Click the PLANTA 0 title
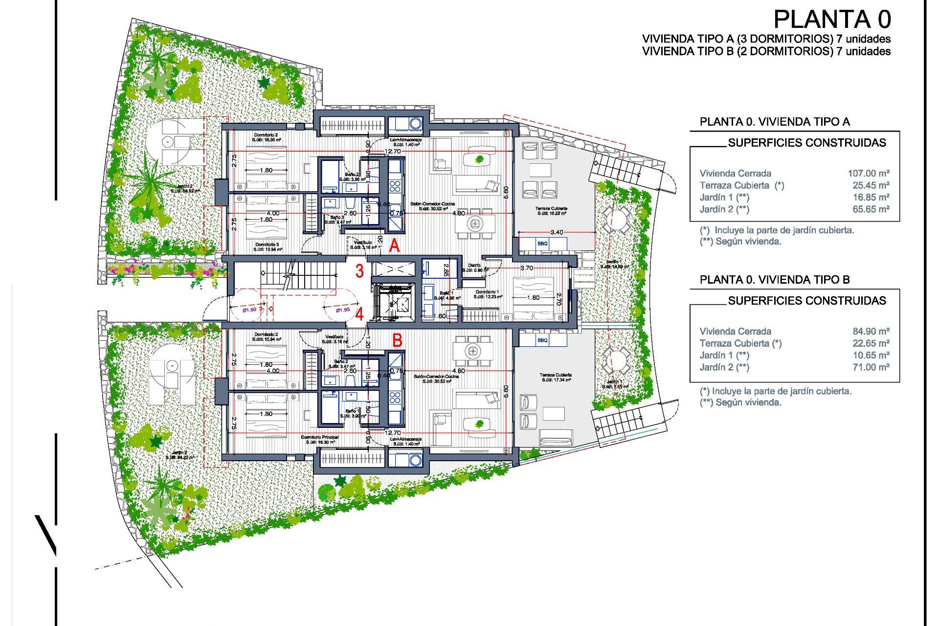832,20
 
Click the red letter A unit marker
394,245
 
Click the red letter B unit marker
397,340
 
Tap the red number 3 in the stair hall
359,270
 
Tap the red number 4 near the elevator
359,313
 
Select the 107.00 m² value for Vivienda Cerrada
869,173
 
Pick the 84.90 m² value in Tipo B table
871,331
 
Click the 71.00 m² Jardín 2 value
871,367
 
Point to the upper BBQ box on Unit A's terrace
542,244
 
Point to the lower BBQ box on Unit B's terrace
542,340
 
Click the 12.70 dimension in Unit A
393,152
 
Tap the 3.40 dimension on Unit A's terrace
557,232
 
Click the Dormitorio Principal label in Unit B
320,437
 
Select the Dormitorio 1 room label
487,292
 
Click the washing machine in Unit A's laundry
415,123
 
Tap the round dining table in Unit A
474,224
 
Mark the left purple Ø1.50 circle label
249,310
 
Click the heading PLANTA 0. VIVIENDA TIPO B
775,280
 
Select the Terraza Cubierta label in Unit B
556,375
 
